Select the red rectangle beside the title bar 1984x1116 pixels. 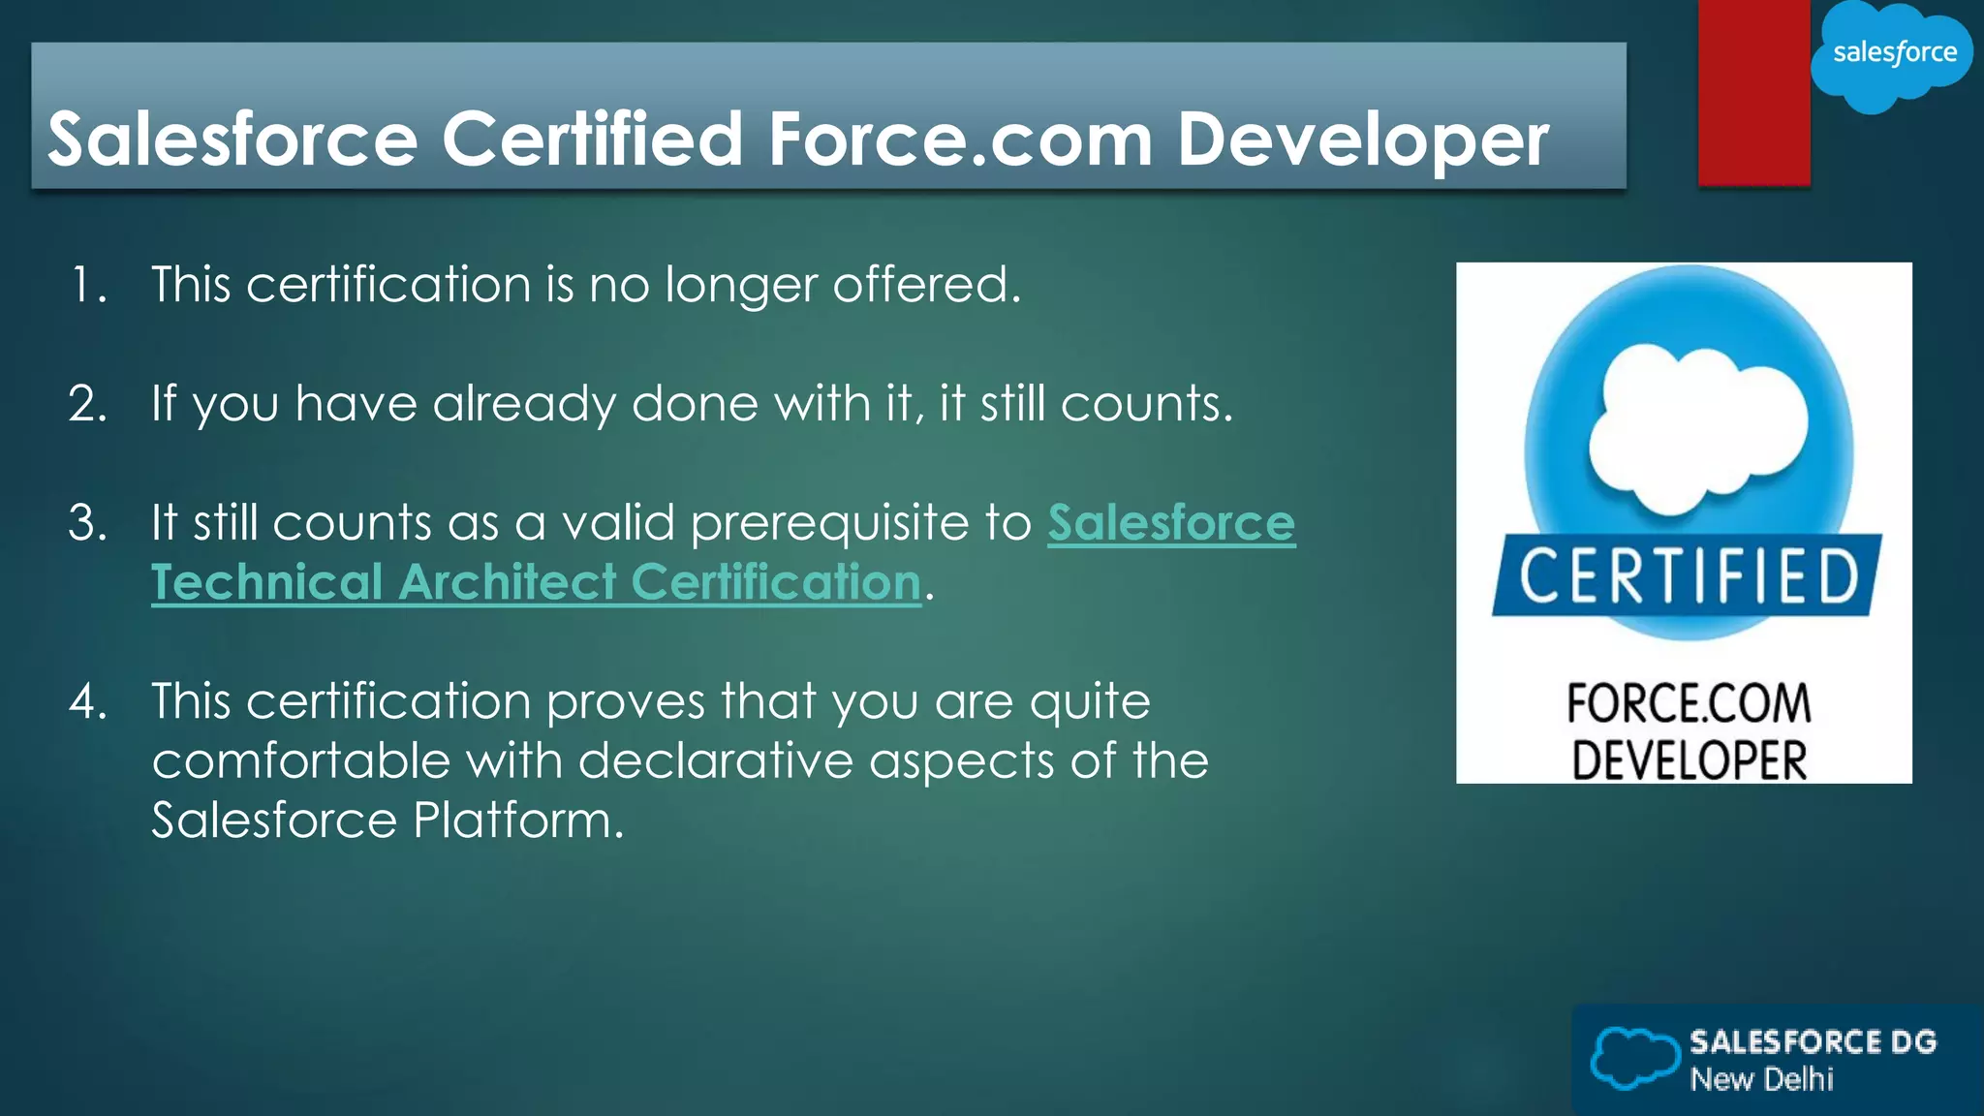click(x=1753, y=92)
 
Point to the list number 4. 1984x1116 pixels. click(x=87, y=701)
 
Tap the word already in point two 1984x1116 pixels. click(x=523, y=404)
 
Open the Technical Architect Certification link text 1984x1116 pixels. click(x=536, y=583)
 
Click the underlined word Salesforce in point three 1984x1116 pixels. click(x=1170, y=524)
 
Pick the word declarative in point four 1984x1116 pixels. click(x=716, y=761)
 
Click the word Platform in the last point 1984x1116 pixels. click(x=517, y=821)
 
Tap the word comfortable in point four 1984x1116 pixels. click(x=300, y=761)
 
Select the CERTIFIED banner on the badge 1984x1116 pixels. click(x=1687, y=576)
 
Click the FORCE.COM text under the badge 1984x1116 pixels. click(x=1688, y=703)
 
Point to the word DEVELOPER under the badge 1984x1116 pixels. click(x=1688, y=759)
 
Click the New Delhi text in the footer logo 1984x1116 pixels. click(x=1761, y=1079)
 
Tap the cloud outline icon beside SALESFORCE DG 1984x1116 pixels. click(x=1633, y=1058)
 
